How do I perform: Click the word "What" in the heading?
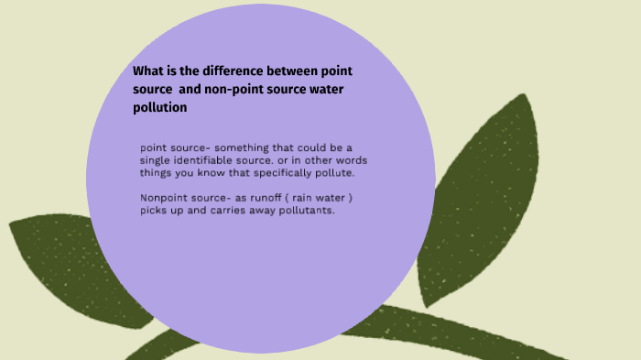point(148,71)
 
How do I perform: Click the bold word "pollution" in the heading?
point(160,107)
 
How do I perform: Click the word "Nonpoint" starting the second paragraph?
point(165,198)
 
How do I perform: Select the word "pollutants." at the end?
point(310,211)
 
